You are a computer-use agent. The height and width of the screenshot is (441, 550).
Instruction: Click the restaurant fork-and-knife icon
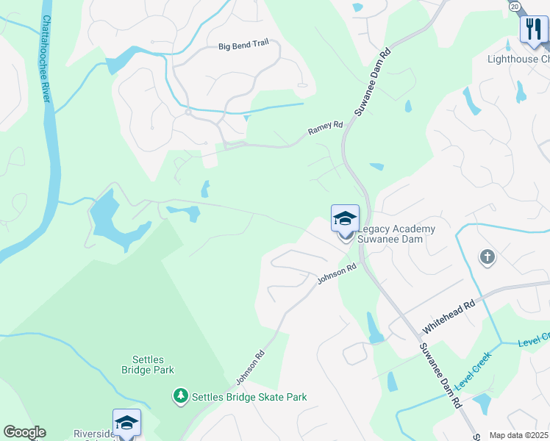pos(533,30)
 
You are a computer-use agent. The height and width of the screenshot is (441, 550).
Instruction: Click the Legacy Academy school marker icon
pos(345,218)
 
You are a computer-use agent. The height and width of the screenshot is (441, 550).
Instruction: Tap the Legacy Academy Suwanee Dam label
pos(396,234)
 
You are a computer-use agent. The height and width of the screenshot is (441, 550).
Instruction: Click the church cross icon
pos(487,257)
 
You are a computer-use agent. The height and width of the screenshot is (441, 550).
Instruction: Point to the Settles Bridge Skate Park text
pos(249,397)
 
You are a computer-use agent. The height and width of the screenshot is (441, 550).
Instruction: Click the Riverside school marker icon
pos(126,423)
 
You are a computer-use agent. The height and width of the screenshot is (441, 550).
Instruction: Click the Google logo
pos(24,432)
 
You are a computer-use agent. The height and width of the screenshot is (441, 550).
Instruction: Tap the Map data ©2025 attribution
pos(519,435)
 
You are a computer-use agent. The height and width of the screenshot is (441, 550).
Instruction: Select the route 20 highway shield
pos(514,5)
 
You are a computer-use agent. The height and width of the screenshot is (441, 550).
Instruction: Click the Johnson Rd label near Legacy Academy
pos(337,275)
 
